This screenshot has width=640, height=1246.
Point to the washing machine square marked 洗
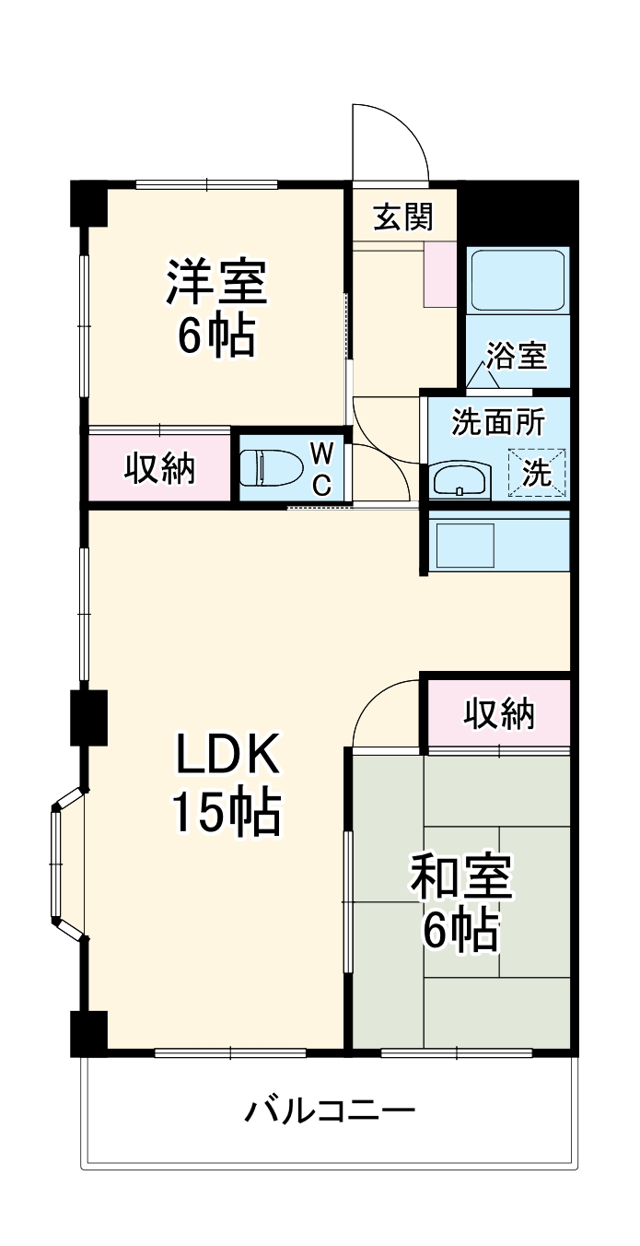click(537, 472)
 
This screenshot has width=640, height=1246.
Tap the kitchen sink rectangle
click(465, 546)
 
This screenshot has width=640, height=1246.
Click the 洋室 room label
click(216, 282)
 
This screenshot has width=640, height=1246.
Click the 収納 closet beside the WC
click(159, 468)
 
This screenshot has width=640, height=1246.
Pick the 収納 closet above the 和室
click(499, 713)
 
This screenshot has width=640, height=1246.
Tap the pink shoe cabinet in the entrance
click(440, 274)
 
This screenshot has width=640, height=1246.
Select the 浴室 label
click(518, 355)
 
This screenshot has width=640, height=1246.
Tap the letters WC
click(322, 468)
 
